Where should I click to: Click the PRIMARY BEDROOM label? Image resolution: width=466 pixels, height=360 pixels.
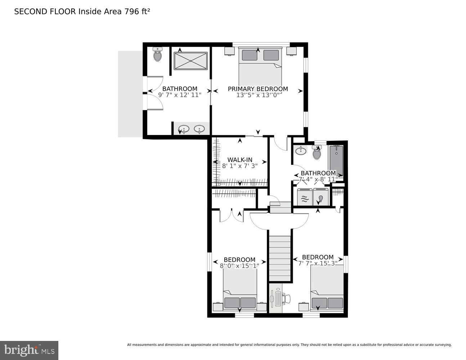click(258, 89)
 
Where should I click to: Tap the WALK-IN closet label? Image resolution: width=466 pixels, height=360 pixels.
click(240, 160)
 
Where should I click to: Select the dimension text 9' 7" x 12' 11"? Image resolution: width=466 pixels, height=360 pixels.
click(180, 95)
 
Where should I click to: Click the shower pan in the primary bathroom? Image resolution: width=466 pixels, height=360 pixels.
click(191, 61)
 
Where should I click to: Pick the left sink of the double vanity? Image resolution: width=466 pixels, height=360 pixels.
click(184, 129)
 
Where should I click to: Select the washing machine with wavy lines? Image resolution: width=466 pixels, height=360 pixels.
click(305, 197)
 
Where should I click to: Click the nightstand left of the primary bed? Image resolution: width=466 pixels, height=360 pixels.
click(229, 51)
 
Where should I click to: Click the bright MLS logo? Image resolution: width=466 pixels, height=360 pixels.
click(29, 350)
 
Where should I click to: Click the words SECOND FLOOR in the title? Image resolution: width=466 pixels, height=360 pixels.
click(45, 12)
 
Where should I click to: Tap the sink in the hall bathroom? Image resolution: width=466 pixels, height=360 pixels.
click(300, 150)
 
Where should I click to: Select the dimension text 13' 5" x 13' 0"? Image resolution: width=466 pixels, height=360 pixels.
click(258, 95)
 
